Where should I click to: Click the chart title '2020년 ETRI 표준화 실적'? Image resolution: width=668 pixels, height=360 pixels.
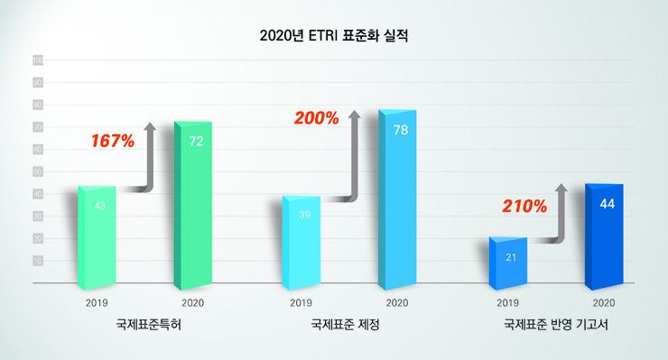[334, 37]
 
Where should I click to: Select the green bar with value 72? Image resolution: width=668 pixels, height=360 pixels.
[193, 203]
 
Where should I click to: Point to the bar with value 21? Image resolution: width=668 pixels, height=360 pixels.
[507, 260]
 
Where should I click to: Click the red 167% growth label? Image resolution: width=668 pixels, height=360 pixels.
[113, 141]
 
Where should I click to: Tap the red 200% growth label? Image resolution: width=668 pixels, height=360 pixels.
[316, 118]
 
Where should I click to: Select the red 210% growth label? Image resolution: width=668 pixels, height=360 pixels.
[525, 207]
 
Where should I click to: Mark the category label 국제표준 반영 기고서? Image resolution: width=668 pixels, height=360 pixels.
[554, 324]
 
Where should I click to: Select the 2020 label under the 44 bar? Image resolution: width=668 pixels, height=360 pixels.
[604, 302]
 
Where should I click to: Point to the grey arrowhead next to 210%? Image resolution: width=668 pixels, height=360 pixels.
[561, 189]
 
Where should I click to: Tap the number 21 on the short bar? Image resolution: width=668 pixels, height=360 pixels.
[511, 258]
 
